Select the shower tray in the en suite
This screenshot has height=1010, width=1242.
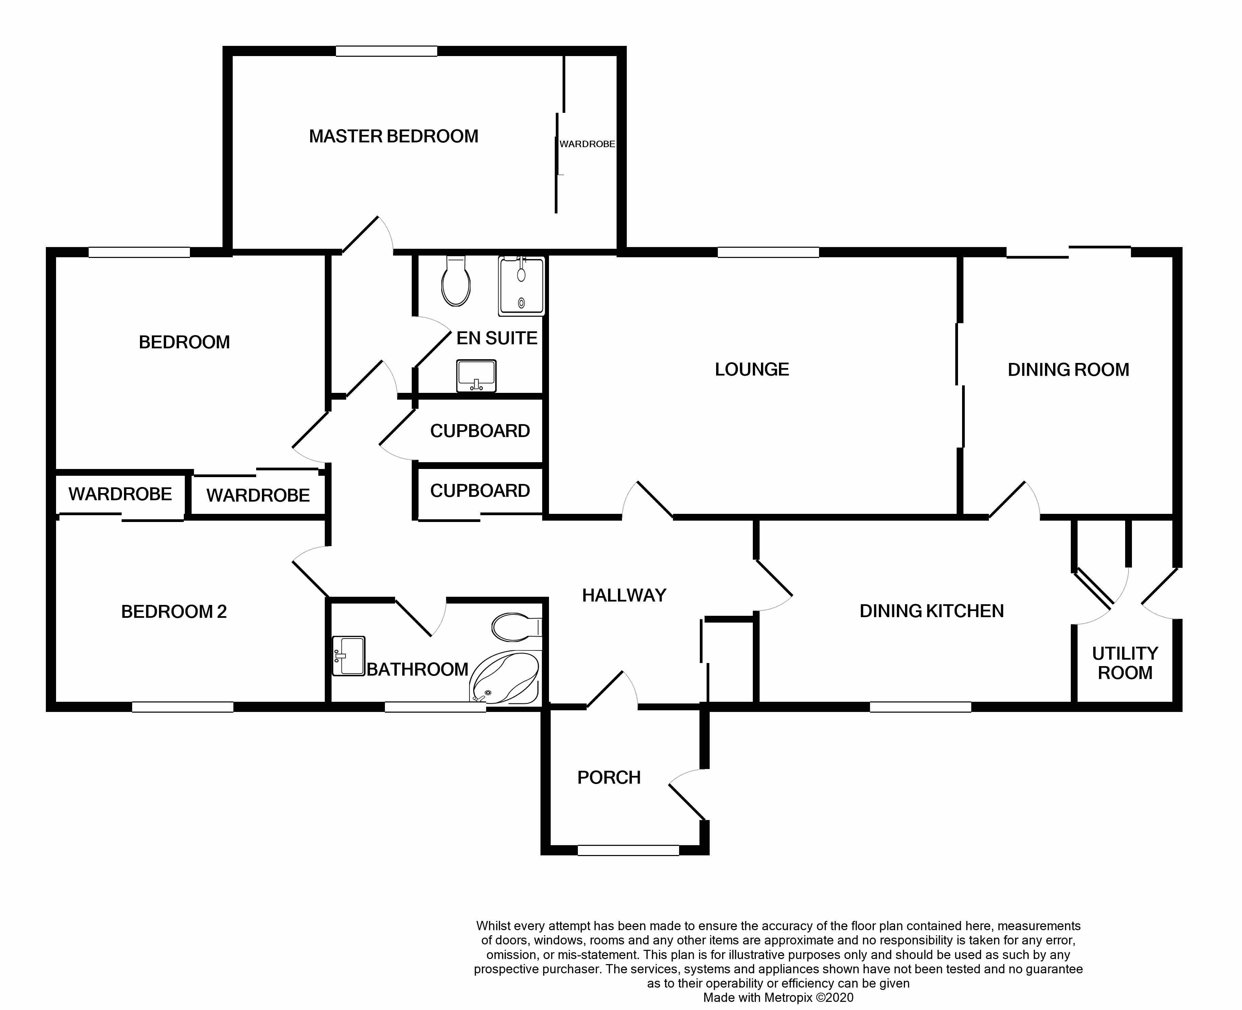pyautogui.click(x=521, y=286)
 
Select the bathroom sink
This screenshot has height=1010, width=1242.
pyautogui.click(x=348, y=656)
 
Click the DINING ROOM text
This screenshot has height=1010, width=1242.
pyautogui.click(x=1068, y=369)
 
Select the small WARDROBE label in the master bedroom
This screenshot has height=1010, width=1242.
pyautogui.click(x=587, y=144)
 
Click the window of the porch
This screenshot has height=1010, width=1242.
pyautogui.click(x=628, y=851)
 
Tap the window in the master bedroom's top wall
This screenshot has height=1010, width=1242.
pyautogui.click(x=386, y=51)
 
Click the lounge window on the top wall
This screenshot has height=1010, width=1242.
pyautogui.click(x=768, y=252)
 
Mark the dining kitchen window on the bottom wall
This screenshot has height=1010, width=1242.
pyautogui.click(x=920, y=707)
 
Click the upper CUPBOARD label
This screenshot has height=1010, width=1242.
pyautogui.click(x=480, y=431)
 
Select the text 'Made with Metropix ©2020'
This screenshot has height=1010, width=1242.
pyautogui.click(x=778, y=997)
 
